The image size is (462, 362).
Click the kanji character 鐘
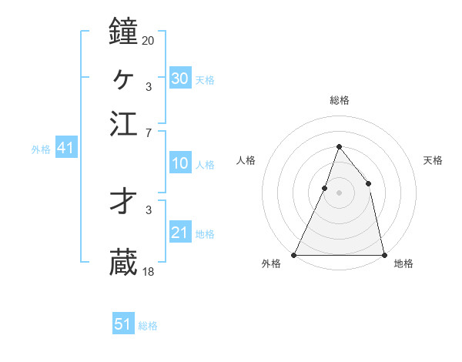coord(123,32)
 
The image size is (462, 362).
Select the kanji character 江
coord(123,123)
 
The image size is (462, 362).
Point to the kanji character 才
coord(123,201)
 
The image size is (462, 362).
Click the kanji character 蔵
coord(123,262)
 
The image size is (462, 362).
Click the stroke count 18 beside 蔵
coord(148,271)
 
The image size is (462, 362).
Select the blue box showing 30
coord(179,78)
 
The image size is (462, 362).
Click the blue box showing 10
coord(179,163)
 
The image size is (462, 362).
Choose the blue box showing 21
coord(179,233)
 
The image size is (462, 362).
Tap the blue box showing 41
coord(65,148)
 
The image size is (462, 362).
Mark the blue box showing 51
coord(123,324)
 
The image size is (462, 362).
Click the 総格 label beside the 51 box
coord(148,326)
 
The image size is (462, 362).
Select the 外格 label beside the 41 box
coord(41,149)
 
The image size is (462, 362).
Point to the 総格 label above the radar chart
coord(339,100)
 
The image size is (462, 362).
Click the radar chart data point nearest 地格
coord(384,255)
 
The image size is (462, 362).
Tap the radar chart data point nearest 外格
coord(294,255)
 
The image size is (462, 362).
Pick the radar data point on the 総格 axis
coord(339,146)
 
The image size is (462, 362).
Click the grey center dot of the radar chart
coord(339,193)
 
